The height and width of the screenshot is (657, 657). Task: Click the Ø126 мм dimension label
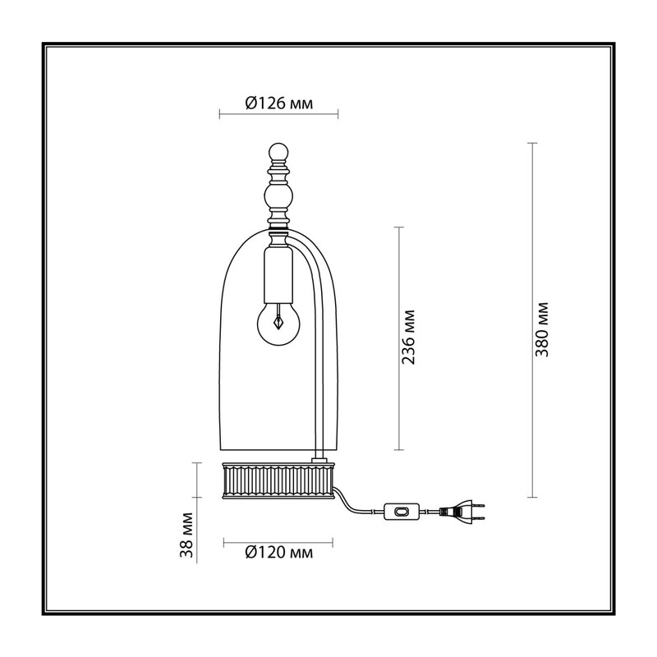click(278, 103)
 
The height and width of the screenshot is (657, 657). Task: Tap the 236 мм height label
click(408, 338)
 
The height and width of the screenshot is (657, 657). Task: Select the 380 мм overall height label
click(541, 329)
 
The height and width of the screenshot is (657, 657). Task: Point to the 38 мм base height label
click(186, 535)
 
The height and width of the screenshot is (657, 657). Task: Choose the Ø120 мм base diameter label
click(278, 553)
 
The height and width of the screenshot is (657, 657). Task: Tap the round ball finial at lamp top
click(278, 153)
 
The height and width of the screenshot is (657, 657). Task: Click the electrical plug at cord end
click(462, 512)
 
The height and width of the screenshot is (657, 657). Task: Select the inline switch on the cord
click(402, 512)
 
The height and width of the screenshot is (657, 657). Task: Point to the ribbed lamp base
click(278, 480)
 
